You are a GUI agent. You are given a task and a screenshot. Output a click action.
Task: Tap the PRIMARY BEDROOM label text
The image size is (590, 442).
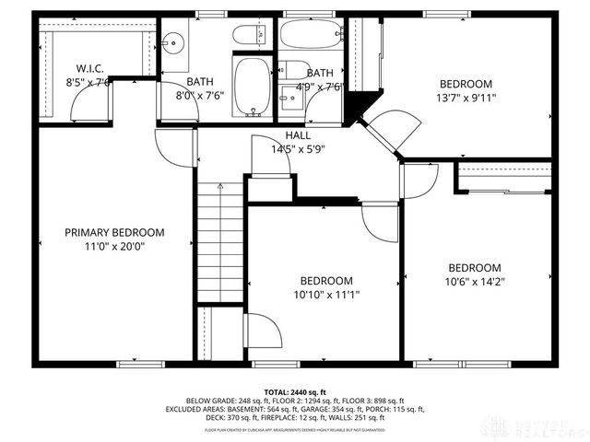point(114,232)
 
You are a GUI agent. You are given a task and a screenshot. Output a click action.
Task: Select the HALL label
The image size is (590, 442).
point(297,135)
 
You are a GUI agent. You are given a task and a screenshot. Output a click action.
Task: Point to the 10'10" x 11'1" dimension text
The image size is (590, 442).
point(326,296)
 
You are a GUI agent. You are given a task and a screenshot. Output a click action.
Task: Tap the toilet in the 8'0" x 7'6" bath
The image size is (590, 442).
point(246,36)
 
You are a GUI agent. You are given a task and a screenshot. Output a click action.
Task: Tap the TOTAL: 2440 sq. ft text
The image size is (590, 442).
point(294,390)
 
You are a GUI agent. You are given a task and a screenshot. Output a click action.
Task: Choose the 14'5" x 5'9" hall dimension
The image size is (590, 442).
point(297,149)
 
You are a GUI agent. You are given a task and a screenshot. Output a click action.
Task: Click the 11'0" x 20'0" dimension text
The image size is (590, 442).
point(114,246)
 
